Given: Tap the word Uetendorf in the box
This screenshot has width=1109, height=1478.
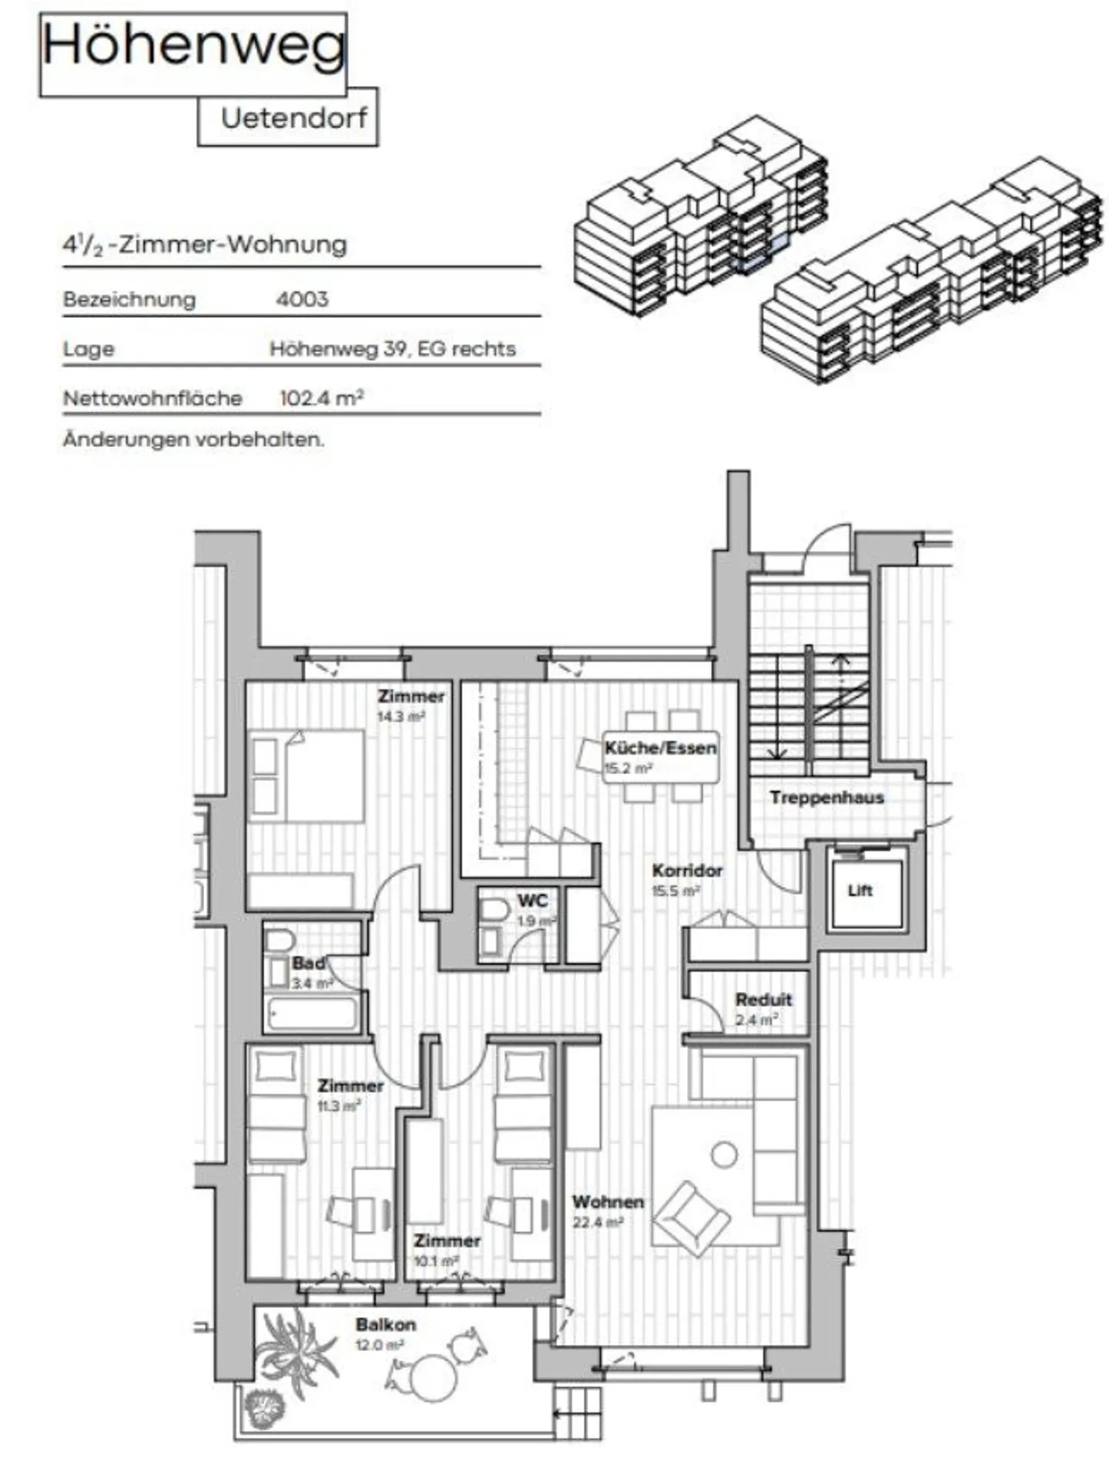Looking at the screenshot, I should tap(293, 119).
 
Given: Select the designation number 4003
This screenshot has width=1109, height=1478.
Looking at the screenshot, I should tap(302, 299).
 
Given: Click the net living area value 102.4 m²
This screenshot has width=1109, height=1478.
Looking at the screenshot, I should tap(321, 398).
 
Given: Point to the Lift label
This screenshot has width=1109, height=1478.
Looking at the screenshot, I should tap(859, 890).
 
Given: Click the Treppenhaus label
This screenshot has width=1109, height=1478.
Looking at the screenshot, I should tap(826, 798).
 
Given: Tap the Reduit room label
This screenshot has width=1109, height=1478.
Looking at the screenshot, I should tap(763, 1000).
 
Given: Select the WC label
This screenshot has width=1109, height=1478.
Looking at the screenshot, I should tap(533, 900).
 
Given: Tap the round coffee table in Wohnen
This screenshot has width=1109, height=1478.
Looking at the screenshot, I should tap(724, 1155).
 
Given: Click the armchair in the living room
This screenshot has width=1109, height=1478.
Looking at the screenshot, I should tap(690, 1218).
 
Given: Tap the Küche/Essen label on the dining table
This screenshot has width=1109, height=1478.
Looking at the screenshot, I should tap(660, 747).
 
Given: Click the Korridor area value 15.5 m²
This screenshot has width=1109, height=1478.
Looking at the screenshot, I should tap(675, 891).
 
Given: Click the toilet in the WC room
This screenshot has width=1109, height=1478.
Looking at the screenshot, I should tap(494, 912).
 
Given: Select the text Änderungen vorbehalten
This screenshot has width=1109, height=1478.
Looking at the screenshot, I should tap(193, 440).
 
